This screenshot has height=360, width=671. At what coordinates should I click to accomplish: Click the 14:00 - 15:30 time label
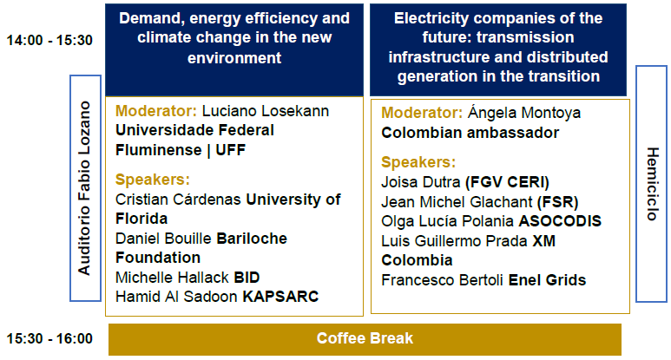[x=49, y=40]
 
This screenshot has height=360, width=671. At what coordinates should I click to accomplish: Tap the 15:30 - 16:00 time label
[x=49, y=338]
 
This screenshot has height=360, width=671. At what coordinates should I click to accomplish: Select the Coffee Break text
[x=365, y=338]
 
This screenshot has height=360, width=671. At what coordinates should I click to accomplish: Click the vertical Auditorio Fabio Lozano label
[x=84, y=188]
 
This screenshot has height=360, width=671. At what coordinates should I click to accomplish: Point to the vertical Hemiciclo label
[x=652, y=184]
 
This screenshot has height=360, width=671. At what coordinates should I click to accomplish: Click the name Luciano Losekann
[x=266, y=111]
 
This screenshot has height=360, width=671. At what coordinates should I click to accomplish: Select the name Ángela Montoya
[x=523, y=113]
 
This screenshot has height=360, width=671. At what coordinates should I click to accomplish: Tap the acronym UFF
[x=230, y=150]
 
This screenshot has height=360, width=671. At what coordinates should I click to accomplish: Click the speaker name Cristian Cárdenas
[x=179, y=200]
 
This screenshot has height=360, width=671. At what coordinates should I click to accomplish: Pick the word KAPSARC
[x=280, y=297]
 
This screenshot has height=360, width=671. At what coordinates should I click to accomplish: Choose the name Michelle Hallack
[x=173, y=278]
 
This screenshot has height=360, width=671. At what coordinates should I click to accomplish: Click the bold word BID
[x=247, y=278]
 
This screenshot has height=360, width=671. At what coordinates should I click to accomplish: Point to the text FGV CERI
[x=507, y=182]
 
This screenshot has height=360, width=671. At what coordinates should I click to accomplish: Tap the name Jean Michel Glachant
[x=457, y=202]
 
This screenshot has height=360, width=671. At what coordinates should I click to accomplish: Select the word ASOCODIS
[x=560, y=221]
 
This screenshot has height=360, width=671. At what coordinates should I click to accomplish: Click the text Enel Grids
[x=547, y=280]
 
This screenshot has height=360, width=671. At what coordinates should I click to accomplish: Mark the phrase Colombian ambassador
[x=470, y=133]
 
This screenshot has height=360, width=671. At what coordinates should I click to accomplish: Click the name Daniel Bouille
[x=163, y=239]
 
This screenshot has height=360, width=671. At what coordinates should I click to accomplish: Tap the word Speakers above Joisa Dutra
[x=418, y=162]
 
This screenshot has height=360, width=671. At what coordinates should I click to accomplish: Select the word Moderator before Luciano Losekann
[x=155, y=111]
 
